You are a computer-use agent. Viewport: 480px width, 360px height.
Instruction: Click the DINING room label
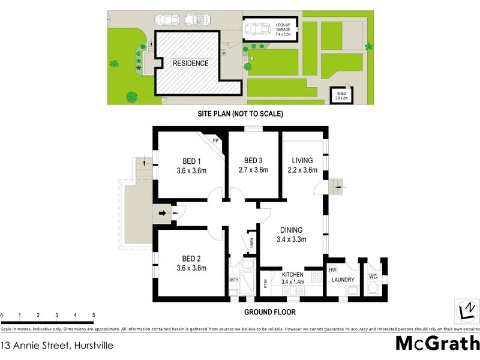point(290,230)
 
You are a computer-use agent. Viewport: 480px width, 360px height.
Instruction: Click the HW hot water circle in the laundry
point(333,271)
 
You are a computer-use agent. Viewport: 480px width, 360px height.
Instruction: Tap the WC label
point(372,277)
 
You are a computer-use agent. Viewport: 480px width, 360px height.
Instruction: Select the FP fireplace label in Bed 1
point(215,142)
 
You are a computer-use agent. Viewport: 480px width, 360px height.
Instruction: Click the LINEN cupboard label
point(252,243)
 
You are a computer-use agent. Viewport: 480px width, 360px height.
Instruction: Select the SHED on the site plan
point(342,93)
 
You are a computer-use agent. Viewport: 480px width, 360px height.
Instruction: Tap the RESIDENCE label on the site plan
point(190,63)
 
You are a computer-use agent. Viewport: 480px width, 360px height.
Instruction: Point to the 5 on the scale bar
point(93,315)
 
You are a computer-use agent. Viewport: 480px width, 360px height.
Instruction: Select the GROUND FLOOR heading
point(269,312)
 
